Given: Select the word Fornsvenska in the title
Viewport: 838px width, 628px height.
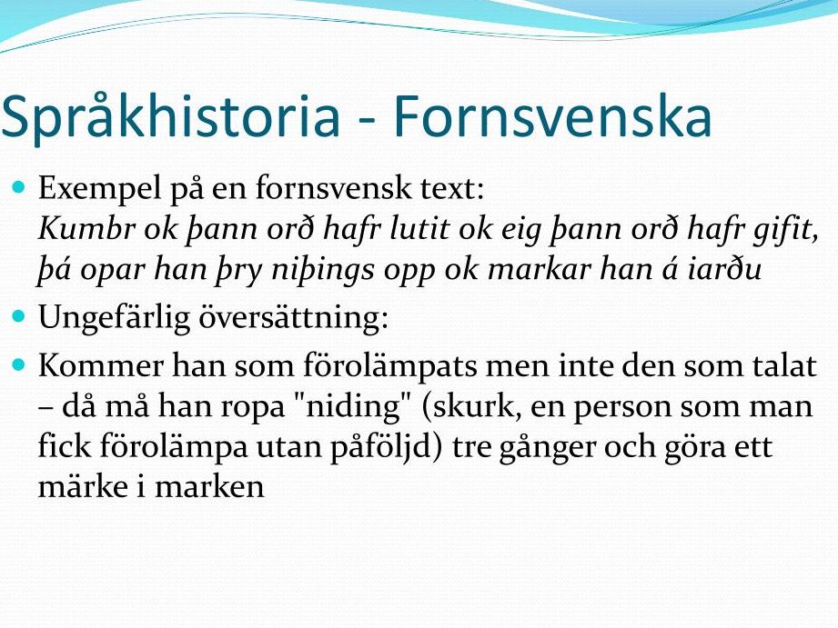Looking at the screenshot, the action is [552, 115].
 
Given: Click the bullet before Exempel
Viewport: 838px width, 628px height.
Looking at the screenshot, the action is [19, 187].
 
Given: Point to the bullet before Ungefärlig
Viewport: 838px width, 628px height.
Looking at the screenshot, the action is [19, 316].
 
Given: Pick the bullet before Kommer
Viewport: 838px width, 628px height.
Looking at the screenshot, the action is [19, 364].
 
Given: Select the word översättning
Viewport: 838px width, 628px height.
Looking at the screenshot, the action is [293, 318].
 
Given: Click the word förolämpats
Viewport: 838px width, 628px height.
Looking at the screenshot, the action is [390, 368].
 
